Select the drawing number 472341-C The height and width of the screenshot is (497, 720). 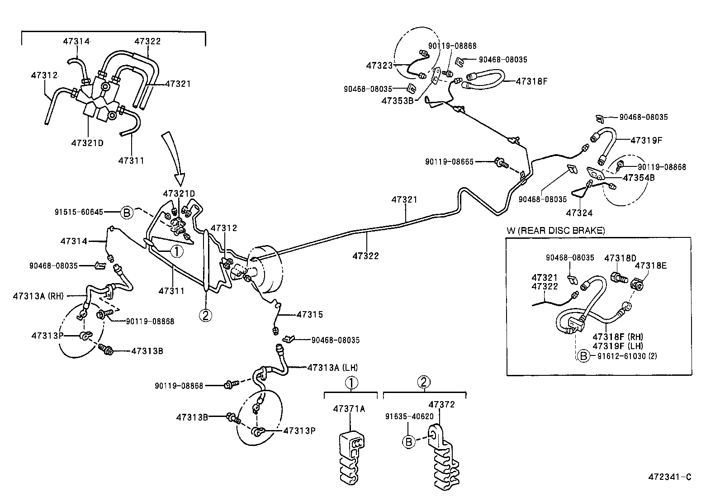pos(670,477)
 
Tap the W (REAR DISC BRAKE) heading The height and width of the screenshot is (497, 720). pos(555,231)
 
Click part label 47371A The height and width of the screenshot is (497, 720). pos(349,409)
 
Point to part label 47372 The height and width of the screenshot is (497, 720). pos(441,404)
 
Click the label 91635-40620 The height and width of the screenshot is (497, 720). pos(409,417)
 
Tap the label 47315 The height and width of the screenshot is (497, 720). pos(310,314)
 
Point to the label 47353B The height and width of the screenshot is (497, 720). pos(397,100)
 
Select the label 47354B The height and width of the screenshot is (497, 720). pos(639,178)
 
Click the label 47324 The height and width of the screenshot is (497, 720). pos(579,213)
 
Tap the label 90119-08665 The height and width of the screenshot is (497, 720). pos(449,161)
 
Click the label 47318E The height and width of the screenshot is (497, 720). pos(650,265)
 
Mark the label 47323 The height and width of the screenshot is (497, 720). pos(379,66)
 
